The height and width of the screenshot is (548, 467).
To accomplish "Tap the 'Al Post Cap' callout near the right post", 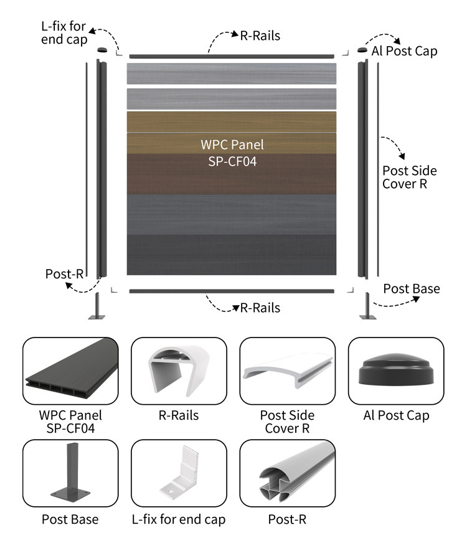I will tap(404, 51).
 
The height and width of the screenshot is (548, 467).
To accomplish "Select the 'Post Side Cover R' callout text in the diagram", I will tap(409, 177).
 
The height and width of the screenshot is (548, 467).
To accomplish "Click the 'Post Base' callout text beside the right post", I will tap(411, 289).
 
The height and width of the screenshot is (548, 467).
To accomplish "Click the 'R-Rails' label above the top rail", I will tap(260, 35).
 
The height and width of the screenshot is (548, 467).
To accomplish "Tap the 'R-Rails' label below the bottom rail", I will tap(260, 308).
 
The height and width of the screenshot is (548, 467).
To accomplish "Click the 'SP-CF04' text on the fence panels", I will tap(232, 160).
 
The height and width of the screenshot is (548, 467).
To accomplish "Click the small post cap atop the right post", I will tap(362, 50).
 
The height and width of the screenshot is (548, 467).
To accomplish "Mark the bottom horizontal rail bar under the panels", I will tap(232, 291).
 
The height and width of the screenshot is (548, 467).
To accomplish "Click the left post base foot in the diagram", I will tap(97, 308).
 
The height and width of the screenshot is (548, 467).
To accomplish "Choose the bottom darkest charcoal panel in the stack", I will tap(232, 255).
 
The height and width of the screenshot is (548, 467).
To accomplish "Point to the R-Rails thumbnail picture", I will tap(178, 371).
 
